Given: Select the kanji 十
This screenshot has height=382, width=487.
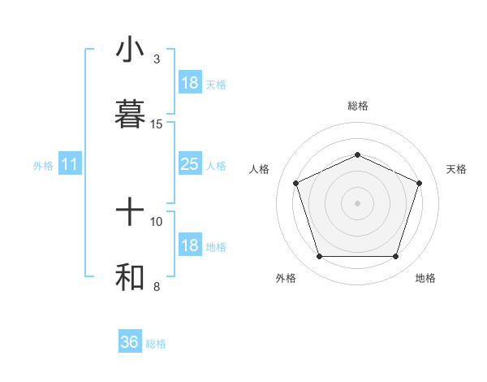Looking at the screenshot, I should pos(130,214).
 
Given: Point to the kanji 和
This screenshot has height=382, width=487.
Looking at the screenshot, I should pos(130,277).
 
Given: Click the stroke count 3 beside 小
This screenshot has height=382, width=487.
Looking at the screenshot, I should pos(157,59).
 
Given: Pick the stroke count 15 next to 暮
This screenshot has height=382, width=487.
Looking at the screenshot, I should pos(157,124).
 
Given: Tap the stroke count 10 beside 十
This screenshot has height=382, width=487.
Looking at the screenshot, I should pos(157,220).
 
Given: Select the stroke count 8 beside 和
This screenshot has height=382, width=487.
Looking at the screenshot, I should pos(157,286).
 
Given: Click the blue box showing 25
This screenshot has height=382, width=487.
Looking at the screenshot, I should pos(189,164).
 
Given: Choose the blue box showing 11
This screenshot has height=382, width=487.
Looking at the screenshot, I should pos(70,164).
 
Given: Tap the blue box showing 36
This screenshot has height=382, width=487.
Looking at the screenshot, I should pos(130,342).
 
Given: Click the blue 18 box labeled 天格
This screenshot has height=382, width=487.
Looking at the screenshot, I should pos(189,82).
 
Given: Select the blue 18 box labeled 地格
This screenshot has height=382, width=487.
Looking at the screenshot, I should pos(189,245).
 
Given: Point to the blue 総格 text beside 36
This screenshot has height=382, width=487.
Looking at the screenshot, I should pos(156,344).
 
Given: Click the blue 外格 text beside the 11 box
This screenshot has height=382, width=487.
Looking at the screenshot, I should pos(43,166).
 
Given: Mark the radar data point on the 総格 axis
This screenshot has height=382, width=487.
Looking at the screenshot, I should pos(357,154).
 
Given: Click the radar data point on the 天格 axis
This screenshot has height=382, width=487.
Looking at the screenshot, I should pos(420,183).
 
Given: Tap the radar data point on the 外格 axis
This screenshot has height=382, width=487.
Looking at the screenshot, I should pos(319,257).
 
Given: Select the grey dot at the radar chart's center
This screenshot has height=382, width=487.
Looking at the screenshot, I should pos(357,203).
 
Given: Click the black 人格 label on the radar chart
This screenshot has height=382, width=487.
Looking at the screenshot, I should pos(260,169).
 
